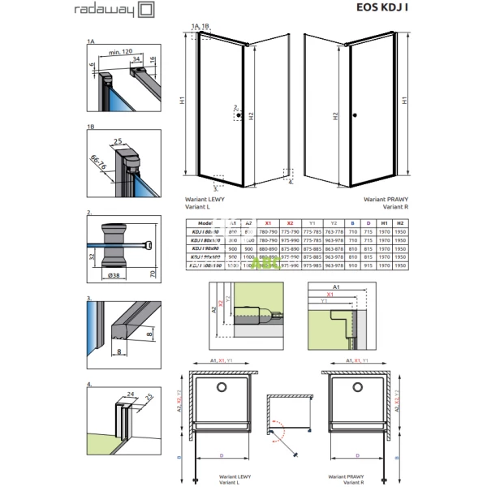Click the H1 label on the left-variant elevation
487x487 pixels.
click(x=184, y=101)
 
